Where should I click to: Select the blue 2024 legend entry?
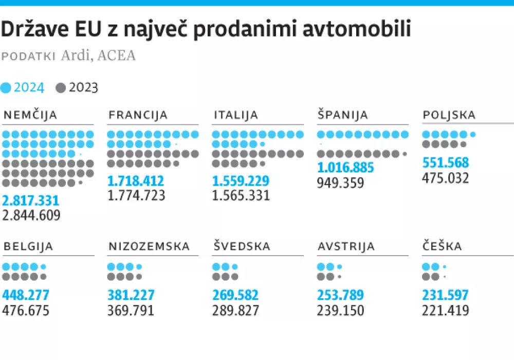click(23, 87)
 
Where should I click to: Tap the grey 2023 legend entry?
click(77, 87)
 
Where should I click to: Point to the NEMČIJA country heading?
click(30, 115)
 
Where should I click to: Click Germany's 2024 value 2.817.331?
click(31, 201)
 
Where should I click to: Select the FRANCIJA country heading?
click(138, 115)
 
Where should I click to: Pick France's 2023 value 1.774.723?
click(136, 195)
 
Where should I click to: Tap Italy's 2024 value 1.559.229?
click(241, 182)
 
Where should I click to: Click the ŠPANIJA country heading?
click(343, 115)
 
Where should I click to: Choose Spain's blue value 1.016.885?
click(345, 168)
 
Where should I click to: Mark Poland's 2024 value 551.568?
click(446, 163)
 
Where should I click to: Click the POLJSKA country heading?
click(449, 115)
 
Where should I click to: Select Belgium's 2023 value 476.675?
click(26, 311)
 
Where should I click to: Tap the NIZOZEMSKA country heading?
click(149, 247)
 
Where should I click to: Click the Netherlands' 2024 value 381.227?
click(131, 296)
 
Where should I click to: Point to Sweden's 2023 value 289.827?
click(236, 311)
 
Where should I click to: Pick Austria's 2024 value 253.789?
click(341, 296)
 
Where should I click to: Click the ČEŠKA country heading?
click(442, 247)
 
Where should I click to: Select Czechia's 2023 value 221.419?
click(446, 311)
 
